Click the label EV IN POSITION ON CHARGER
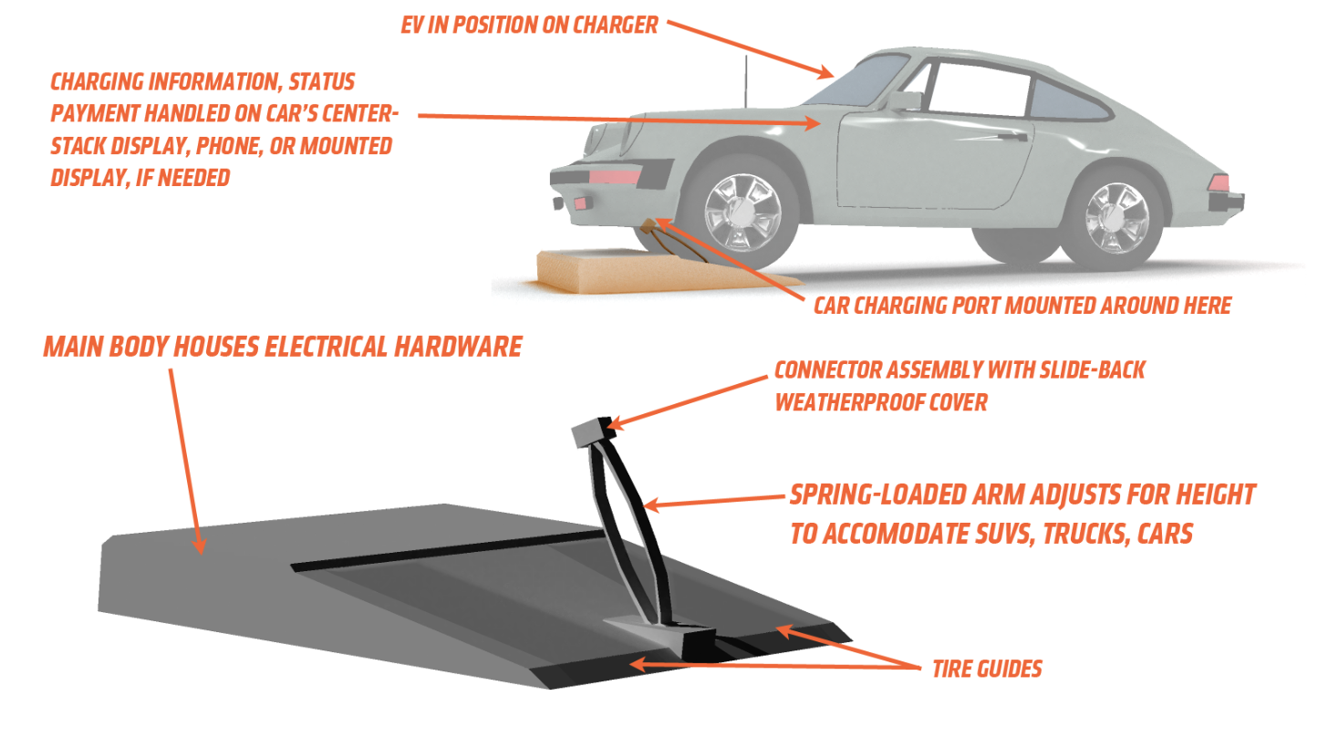pos(529,26)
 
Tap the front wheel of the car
pos(742,210)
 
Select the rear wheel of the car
pos(1115,219)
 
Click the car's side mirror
pos(905,100)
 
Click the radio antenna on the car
pos(746,81)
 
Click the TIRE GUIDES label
pos(987,670)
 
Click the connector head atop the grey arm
pos(594,432)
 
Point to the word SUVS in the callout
pos(1004,534)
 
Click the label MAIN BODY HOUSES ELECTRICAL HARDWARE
pos(283,347)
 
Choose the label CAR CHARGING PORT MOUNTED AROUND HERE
pos(1022,306)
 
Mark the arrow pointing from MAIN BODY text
pos(186,462)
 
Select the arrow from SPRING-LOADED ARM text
pos(714,502)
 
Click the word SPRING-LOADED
pos(877,495)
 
